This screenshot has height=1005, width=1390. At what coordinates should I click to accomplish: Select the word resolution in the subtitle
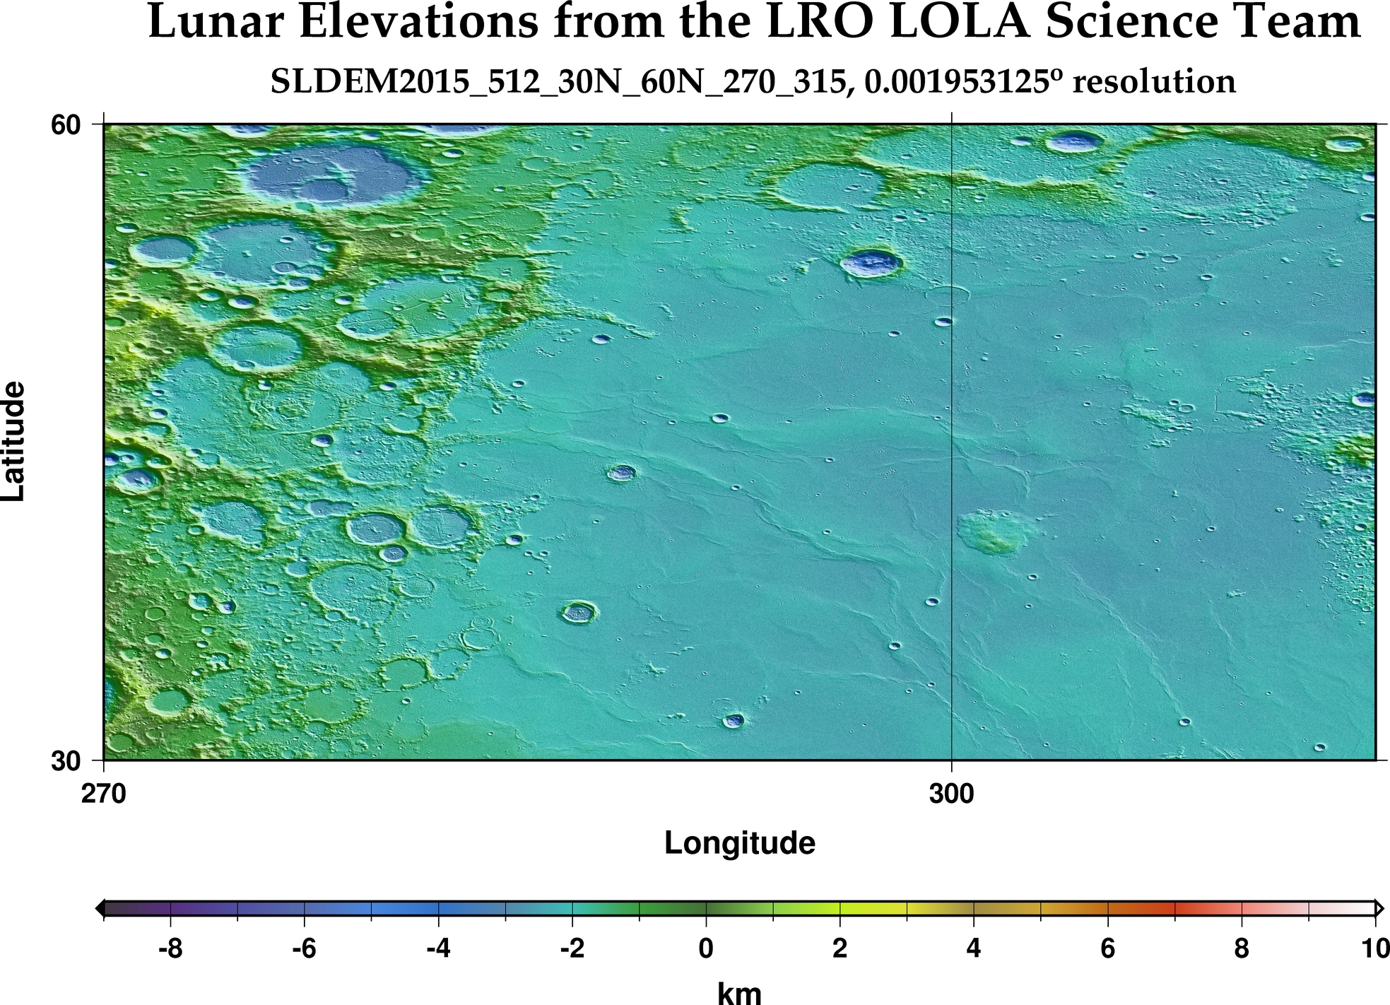(x=1154, y=82)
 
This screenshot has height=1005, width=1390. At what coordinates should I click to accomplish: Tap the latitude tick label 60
(x=66, y=125)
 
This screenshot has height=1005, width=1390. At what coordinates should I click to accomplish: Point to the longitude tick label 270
(x=104, y=794)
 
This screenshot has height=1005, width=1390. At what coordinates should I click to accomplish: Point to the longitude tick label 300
(x=951, y=794)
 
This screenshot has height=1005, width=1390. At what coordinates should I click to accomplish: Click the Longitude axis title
(x=739, y=843)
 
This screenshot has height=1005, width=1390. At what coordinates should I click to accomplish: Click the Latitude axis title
(x=14, y=442)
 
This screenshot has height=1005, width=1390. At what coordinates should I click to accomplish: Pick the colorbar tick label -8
(x=170, y=948)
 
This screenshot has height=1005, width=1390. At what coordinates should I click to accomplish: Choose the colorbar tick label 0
(x=705, y=948)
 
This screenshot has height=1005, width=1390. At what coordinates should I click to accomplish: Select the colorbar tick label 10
(x=1374, y=948)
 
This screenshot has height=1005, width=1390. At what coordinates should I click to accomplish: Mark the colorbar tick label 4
(x=973, y=948)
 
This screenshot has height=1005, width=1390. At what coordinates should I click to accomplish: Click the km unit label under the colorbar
(x=739, y=993)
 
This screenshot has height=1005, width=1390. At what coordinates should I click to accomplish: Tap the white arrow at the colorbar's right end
(x=1379, y=907)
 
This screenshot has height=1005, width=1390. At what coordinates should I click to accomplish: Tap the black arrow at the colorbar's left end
(x=100, y=907)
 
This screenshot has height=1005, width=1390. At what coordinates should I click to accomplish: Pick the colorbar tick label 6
(x=1107, y=948)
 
